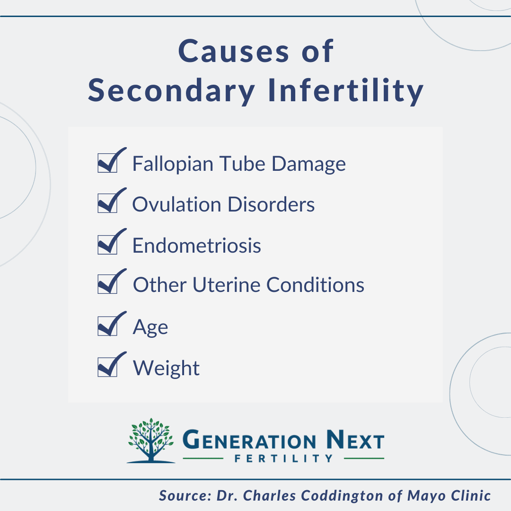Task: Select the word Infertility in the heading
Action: click(345, 91)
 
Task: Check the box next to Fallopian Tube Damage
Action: click(107, 163)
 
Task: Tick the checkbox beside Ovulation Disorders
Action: click(107, 203)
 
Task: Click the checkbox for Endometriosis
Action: click(107, 245)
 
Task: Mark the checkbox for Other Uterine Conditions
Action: click(107, 285)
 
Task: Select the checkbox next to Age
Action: click(107, 326)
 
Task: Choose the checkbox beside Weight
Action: click(107, 367)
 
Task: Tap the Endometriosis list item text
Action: click(196, 246)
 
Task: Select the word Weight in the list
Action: click(166, 368)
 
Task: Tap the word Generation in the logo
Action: click(249, 441)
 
